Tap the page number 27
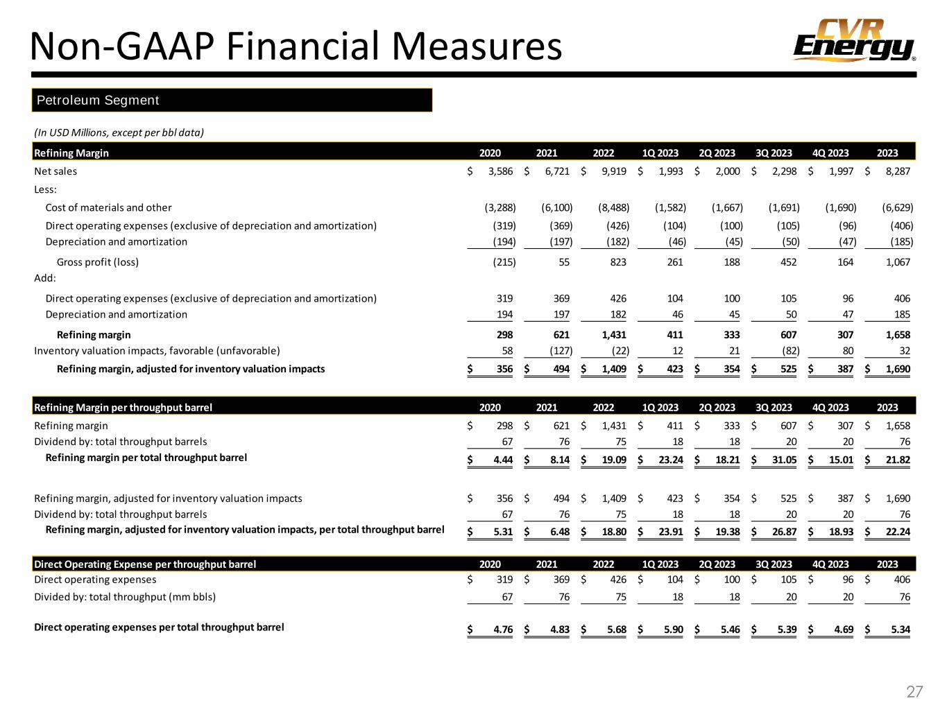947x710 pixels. (914, 691)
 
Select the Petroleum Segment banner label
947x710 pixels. (98, 101)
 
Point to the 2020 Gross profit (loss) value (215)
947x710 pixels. (500, 262)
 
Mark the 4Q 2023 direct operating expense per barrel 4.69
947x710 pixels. (841, 630)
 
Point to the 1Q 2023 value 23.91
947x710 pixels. (669, 532)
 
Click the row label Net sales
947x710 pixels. (56, 171)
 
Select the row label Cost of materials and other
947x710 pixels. (108, 207)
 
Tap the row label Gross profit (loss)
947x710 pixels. (97, 262)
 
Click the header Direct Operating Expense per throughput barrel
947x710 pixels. (145, 564)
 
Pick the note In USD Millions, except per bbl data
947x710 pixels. (119, 132)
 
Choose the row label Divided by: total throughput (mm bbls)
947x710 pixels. (125, 597)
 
